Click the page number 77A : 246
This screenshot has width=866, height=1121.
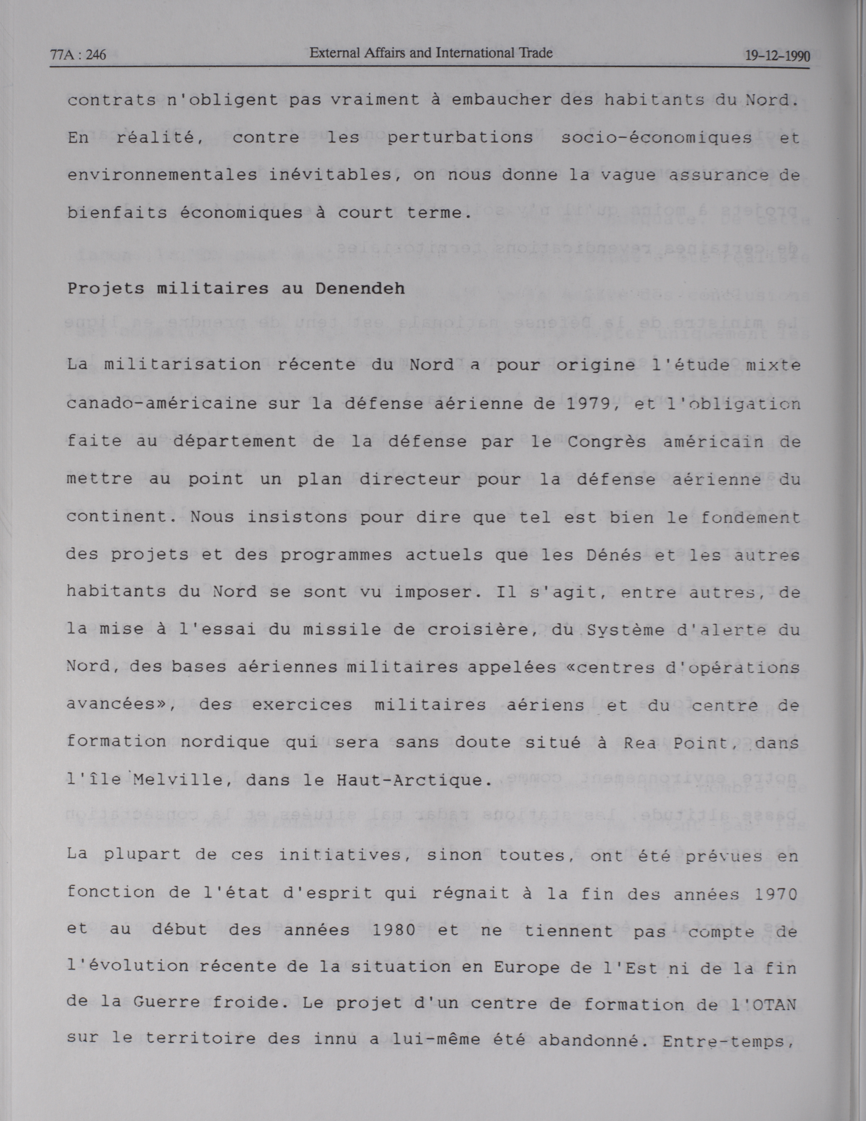coord(78,54)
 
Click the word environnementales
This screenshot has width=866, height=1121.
coord(162,176)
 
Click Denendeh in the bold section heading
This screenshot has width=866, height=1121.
coord(360,289)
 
